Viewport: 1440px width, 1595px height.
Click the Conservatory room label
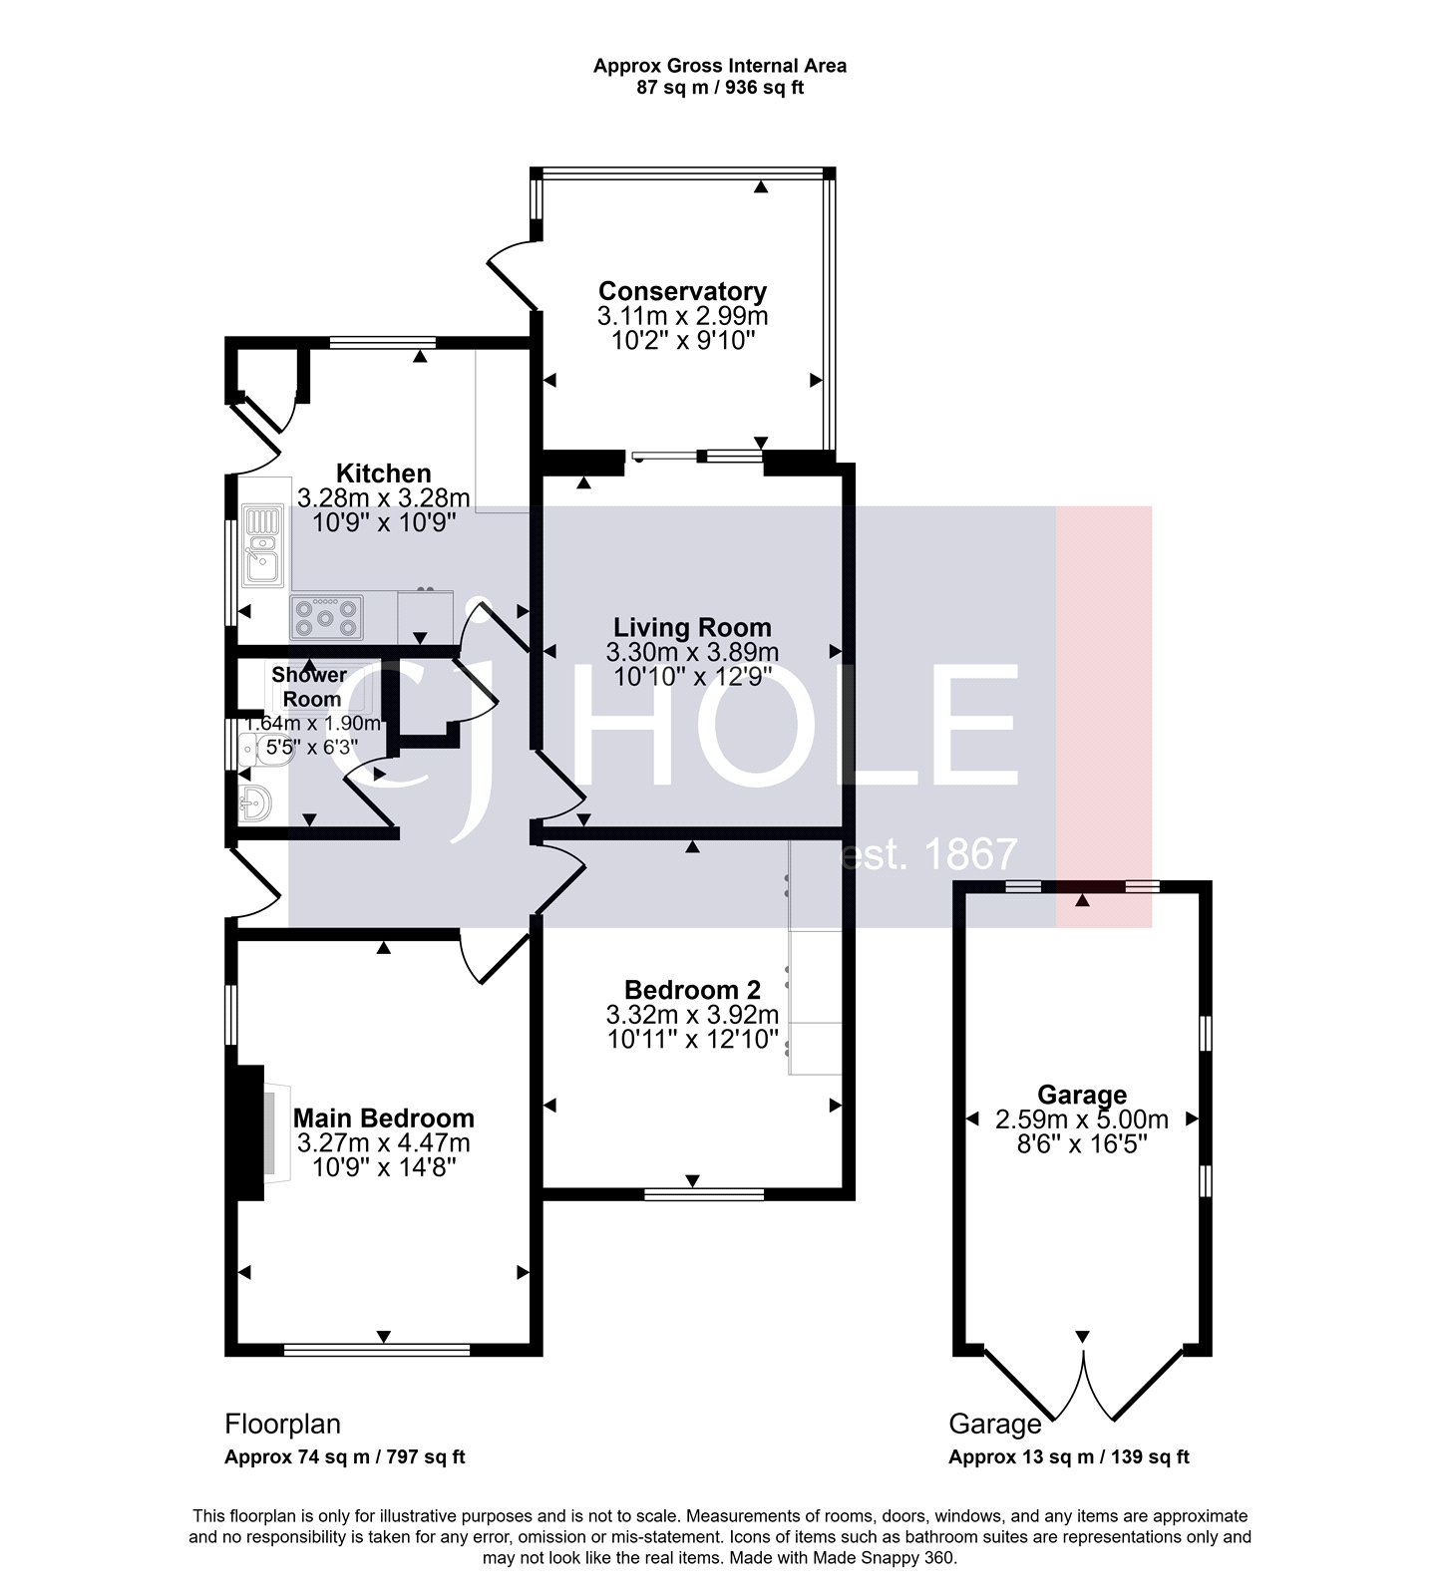[682, 291]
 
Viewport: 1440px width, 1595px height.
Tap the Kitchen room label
[383, 473]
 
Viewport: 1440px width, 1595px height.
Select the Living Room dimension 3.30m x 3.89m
[692, 652]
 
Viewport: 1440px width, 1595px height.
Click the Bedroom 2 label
[692, 990]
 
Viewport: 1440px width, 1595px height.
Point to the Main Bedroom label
[383, 1117]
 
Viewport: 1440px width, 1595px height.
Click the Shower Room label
[309, 687]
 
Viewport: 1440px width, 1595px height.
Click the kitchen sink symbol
[262, 544]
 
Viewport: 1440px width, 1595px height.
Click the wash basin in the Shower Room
[255, 801]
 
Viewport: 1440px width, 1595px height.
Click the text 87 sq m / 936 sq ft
[720, 88]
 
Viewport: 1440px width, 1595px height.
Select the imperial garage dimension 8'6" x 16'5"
[1082, 1142]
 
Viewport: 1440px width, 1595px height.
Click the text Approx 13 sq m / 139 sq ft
[1068, 1456]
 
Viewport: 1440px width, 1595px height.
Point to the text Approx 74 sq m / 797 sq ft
[345, 1456]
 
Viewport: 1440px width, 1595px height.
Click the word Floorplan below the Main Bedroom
[283, 1424]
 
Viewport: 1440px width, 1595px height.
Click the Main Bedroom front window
[377, 1350]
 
